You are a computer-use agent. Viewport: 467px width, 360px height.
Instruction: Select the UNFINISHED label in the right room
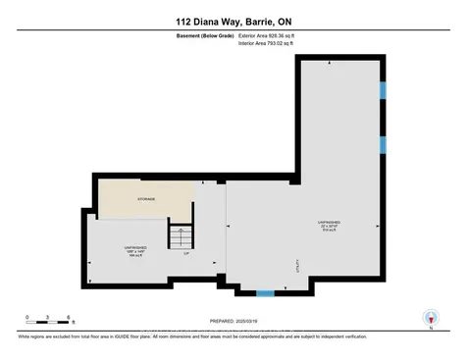click(x=328, y=223)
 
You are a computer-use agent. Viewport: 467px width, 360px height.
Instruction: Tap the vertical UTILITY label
click(x=293, y=265)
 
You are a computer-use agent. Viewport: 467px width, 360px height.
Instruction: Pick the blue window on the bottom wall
click(x=264, y=292)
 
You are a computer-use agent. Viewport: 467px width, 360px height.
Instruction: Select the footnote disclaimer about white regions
click(x=233, y=335)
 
